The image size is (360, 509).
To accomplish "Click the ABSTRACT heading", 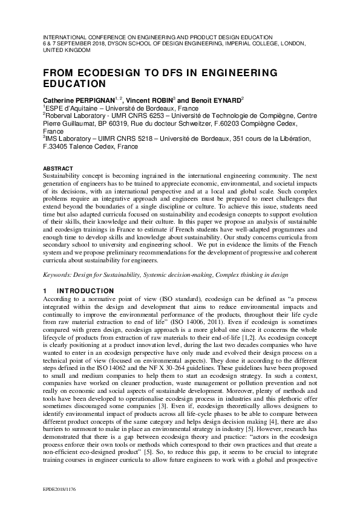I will click(58, 168).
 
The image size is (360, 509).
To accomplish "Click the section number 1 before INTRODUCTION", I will click(45, 291).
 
